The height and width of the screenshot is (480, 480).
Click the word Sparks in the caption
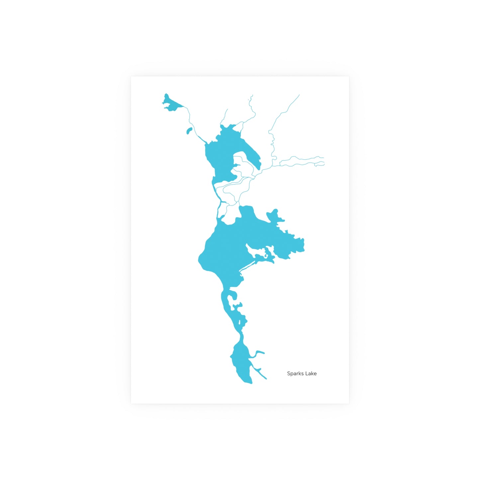[295, 373]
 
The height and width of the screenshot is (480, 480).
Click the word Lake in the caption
[311, 373]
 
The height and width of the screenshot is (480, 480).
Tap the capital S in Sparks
[289, 373]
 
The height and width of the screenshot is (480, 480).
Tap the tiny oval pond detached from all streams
[189, 131]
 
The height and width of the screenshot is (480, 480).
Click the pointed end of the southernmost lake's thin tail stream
[266, 379]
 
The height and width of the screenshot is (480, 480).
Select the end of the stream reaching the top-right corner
[299, 95]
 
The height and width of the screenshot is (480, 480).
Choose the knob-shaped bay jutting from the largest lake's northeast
[274, 216]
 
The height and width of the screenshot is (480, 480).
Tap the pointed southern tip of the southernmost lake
[251, 383]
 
